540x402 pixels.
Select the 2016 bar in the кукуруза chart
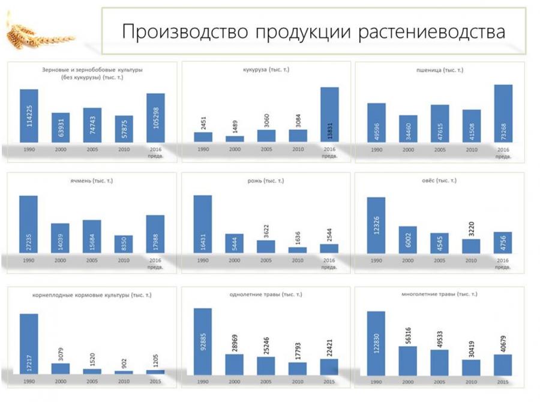pyautogui.click(x=329, y=114)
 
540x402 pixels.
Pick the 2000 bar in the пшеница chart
pyautogui.click(x=408, y=129)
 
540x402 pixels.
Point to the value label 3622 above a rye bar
pyautogui.click(x=266, y=229)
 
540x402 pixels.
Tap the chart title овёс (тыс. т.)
pyautogui.click(x=439, y=180)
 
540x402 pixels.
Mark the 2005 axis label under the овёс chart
pyautogui.click(x=439, y=261)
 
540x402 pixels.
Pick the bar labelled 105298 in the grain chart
pyautogui.click(x=155, y=118)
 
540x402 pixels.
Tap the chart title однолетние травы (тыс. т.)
pyautogui.click(x=266, y=294)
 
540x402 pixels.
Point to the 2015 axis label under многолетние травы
pyautogui.click(x=502, y=382)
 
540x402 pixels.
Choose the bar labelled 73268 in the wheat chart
pyautogui.click(x=503, y=114)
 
